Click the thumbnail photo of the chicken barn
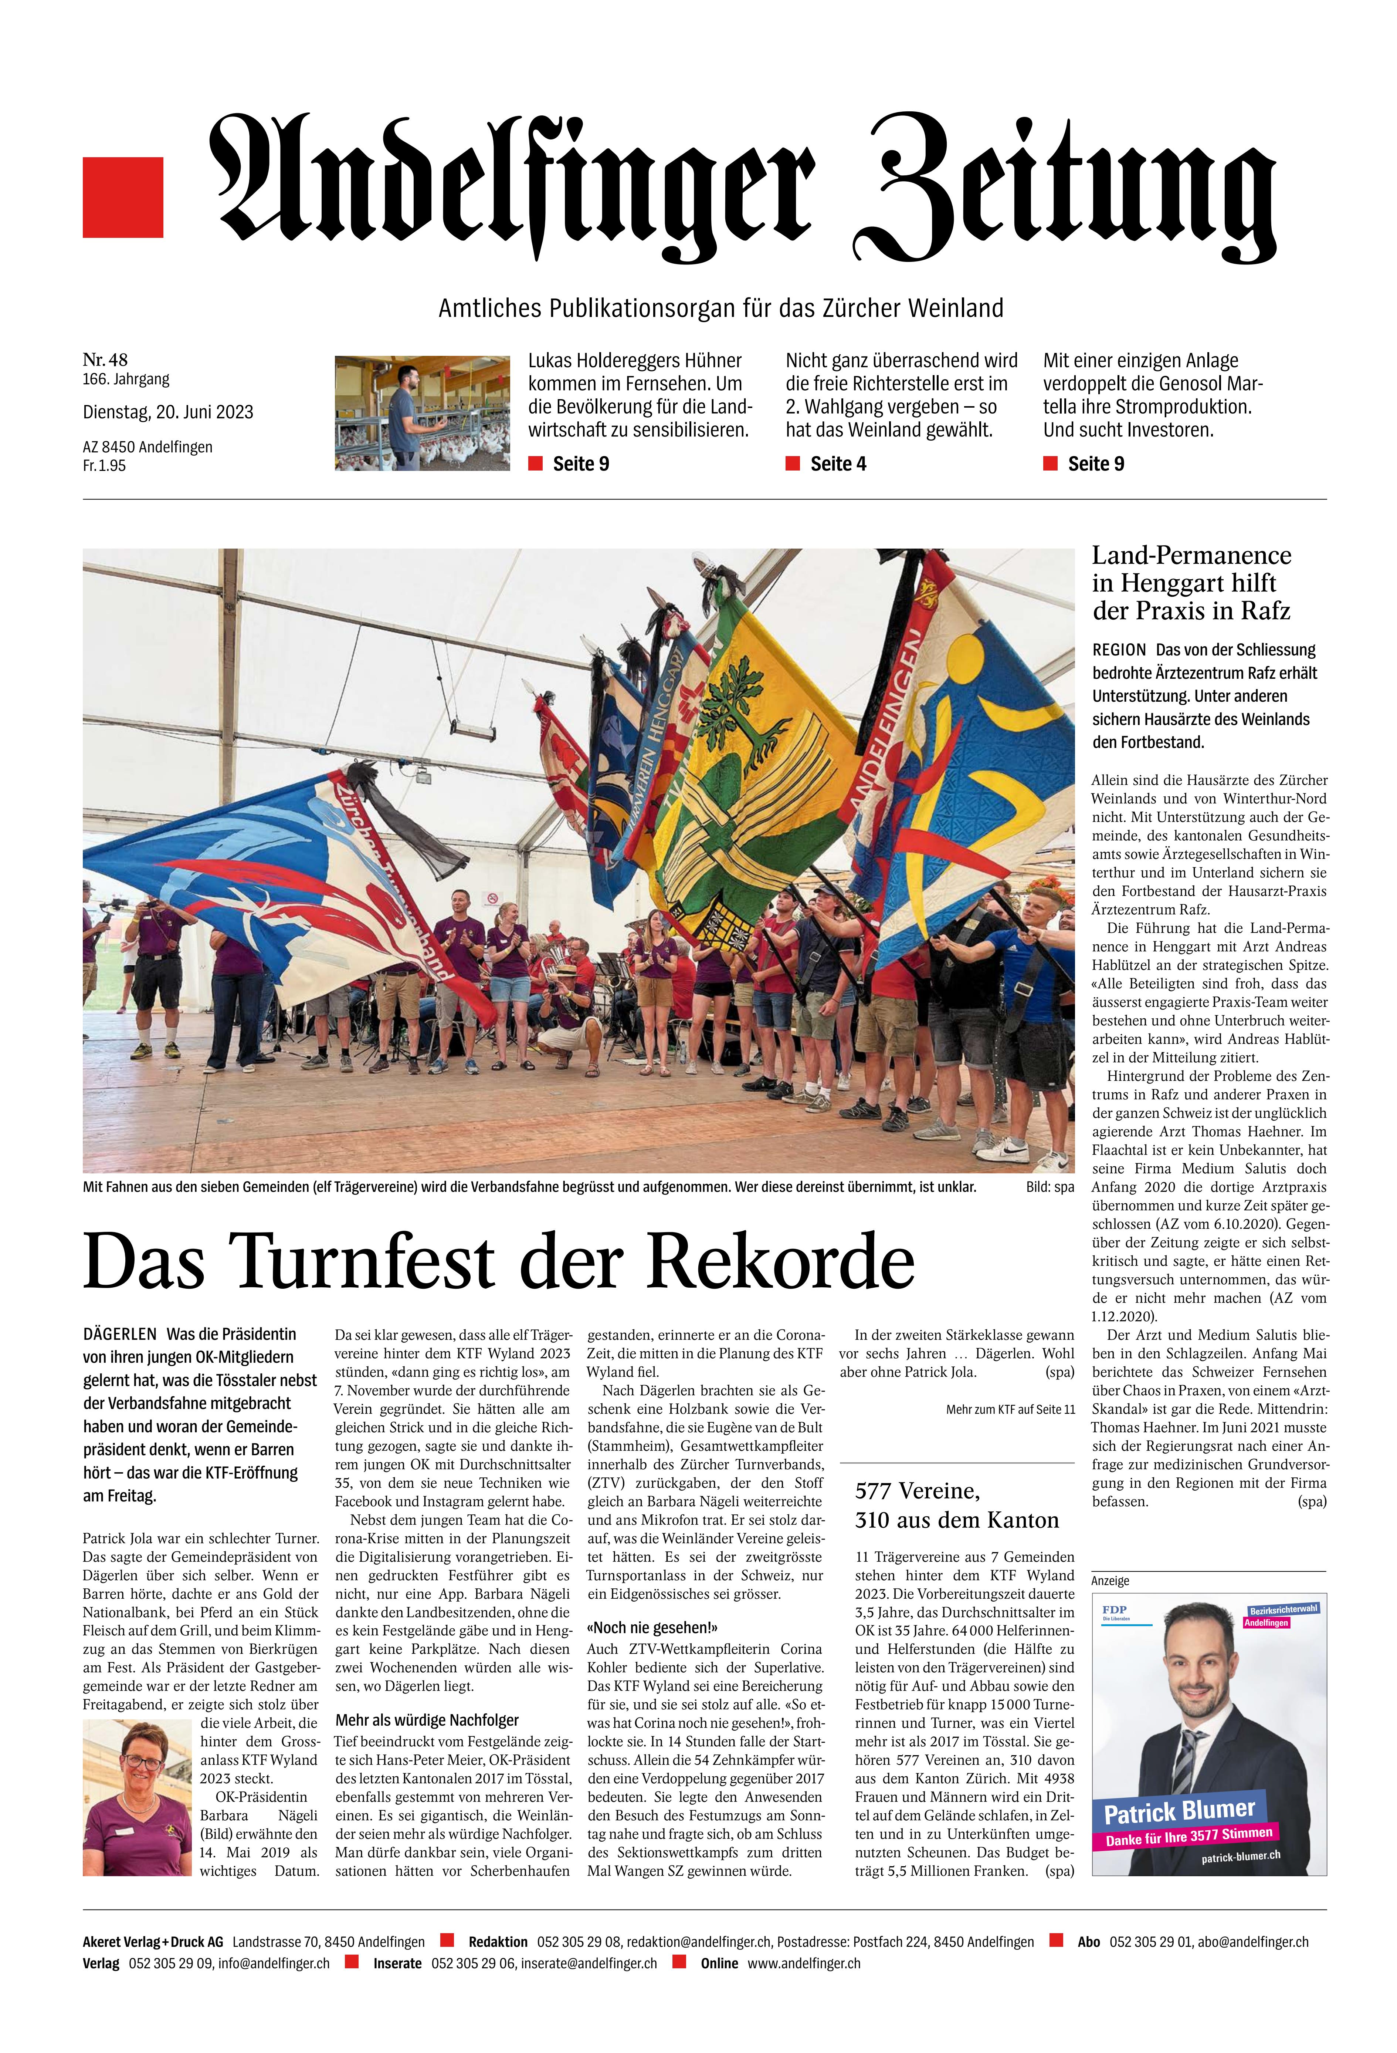422,412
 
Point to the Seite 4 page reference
837,464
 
